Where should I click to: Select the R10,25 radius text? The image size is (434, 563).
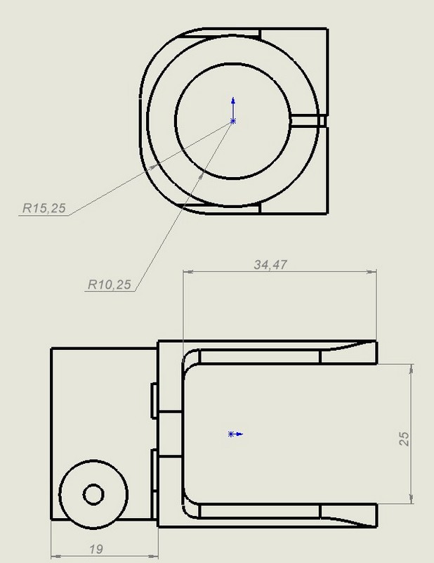[108, 285]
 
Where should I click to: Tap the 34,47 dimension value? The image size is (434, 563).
[271, 264]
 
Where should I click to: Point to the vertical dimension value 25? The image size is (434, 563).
[405, 439]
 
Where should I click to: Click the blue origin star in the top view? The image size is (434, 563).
[233, 121]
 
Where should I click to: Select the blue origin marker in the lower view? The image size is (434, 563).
[231, 434]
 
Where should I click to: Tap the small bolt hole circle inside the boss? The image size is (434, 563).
[93, 494]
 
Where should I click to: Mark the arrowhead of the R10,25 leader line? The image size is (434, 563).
[203, 169]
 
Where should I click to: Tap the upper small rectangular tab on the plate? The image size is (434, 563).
[154, 401]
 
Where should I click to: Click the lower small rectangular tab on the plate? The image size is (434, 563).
[154, 470]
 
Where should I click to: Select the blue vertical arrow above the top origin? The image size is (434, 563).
[233, 104]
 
